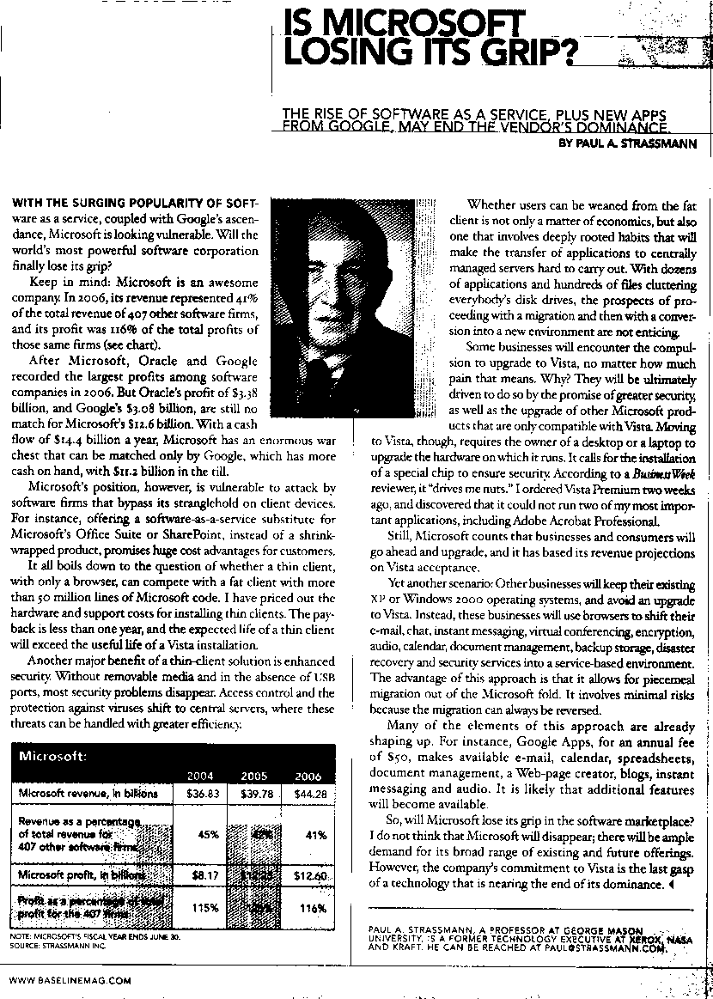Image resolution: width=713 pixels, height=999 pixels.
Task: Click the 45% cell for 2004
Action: click(207, 834)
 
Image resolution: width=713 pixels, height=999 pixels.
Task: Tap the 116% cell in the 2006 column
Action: click(313, 908)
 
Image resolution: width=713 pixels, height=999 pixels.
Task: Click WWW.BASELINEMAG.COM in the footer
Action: click(70, 979)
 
